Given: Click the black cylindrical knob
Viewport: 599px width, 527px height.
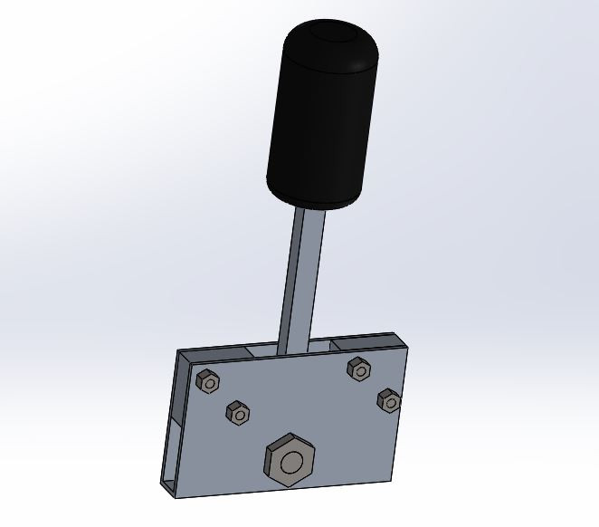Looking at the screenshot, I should pyautogui.click(x=322, y=118).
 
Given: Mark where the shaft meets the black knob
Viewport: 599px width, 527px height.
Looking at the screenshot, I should pyautogui.click(x=308, y=209).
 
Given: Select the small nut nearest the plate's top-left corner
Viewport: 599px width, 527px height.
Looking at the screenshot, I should pyautogui.click(x=208, y=381).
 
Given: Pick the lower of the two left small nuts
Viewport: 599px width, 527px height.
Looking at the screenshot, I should pyautogui.click(x=238, y=412).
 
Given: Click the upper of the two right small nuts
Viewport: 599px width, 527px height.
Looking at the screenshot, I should pyautogui.click(x=359, y=369).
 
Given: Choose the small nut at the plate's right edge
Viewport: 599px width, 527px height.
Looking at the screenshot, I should pyautogui.click(x=389, y=400).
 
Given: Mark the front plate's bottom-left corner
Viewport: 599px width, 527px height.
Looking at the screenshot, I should pyautogui.click(x=176, y=496).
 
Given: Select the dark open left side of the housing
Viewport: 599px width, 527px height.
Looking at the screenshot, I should pyautogui.click(x=173, y=426).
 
